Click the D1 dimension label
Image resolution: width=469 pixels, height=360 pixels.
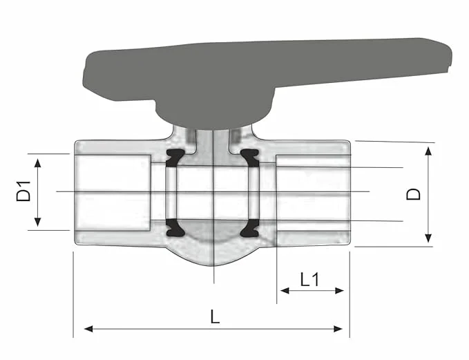[23, 191]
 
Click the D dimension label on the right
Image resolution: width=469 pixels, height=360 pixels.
[413, 194]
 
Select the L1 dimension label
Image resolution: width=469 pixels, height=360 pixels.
[310, 280]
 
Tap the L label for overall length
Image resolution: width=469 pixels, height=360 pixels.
[215, 316]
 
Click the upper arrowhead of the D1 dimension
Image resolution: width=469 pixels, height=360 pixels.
[37, 163]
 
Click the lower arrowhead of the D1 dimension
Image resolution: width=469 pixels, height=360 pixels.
[37, 222]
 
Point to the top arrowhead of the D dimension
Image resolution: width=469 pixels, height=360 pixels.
[428, 151]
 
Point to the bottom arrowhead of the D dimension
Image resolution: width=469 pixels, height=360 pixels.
[428, 238]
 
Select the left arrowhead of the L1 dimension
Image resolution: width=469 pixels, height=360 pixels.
[285, 290]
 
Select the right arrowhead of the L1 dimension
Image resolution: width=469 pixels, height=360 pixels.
[339, 290]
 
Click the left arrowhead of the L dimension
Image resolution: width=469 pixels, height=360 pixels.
[89, 329]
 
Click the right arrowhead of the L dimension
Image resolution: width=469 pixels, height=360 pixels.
[338, 329]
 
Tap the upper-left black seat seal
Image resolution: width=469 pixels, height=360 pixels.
[175, 158]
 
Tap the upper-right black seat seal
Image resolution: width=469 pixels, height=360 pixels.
[250, 158]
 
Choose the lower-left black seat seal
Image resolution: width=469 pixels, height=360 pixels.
[175, 228]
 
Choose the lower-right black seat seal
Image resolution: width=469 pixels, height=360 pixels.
[250, 228]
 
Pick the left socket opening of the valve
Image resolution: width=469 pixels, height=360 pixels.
[113, 193]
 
